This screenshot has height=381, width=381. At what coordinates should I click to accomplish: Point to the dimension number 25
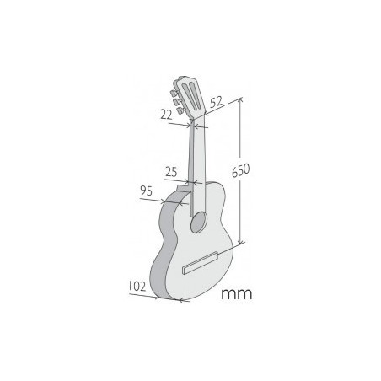click(172, 172)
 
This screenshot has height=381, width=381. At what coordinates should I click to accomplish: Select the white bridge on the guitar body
click(201, 263)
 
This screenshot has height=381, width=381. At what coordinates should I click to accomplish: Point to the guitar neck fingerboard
click(196, 160)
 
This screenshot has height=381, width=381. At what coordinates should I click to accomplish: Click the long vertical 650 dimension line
click(242, 202)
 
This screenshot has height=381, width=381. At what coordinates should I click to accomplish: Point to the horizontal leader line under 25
click(181, 181)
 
